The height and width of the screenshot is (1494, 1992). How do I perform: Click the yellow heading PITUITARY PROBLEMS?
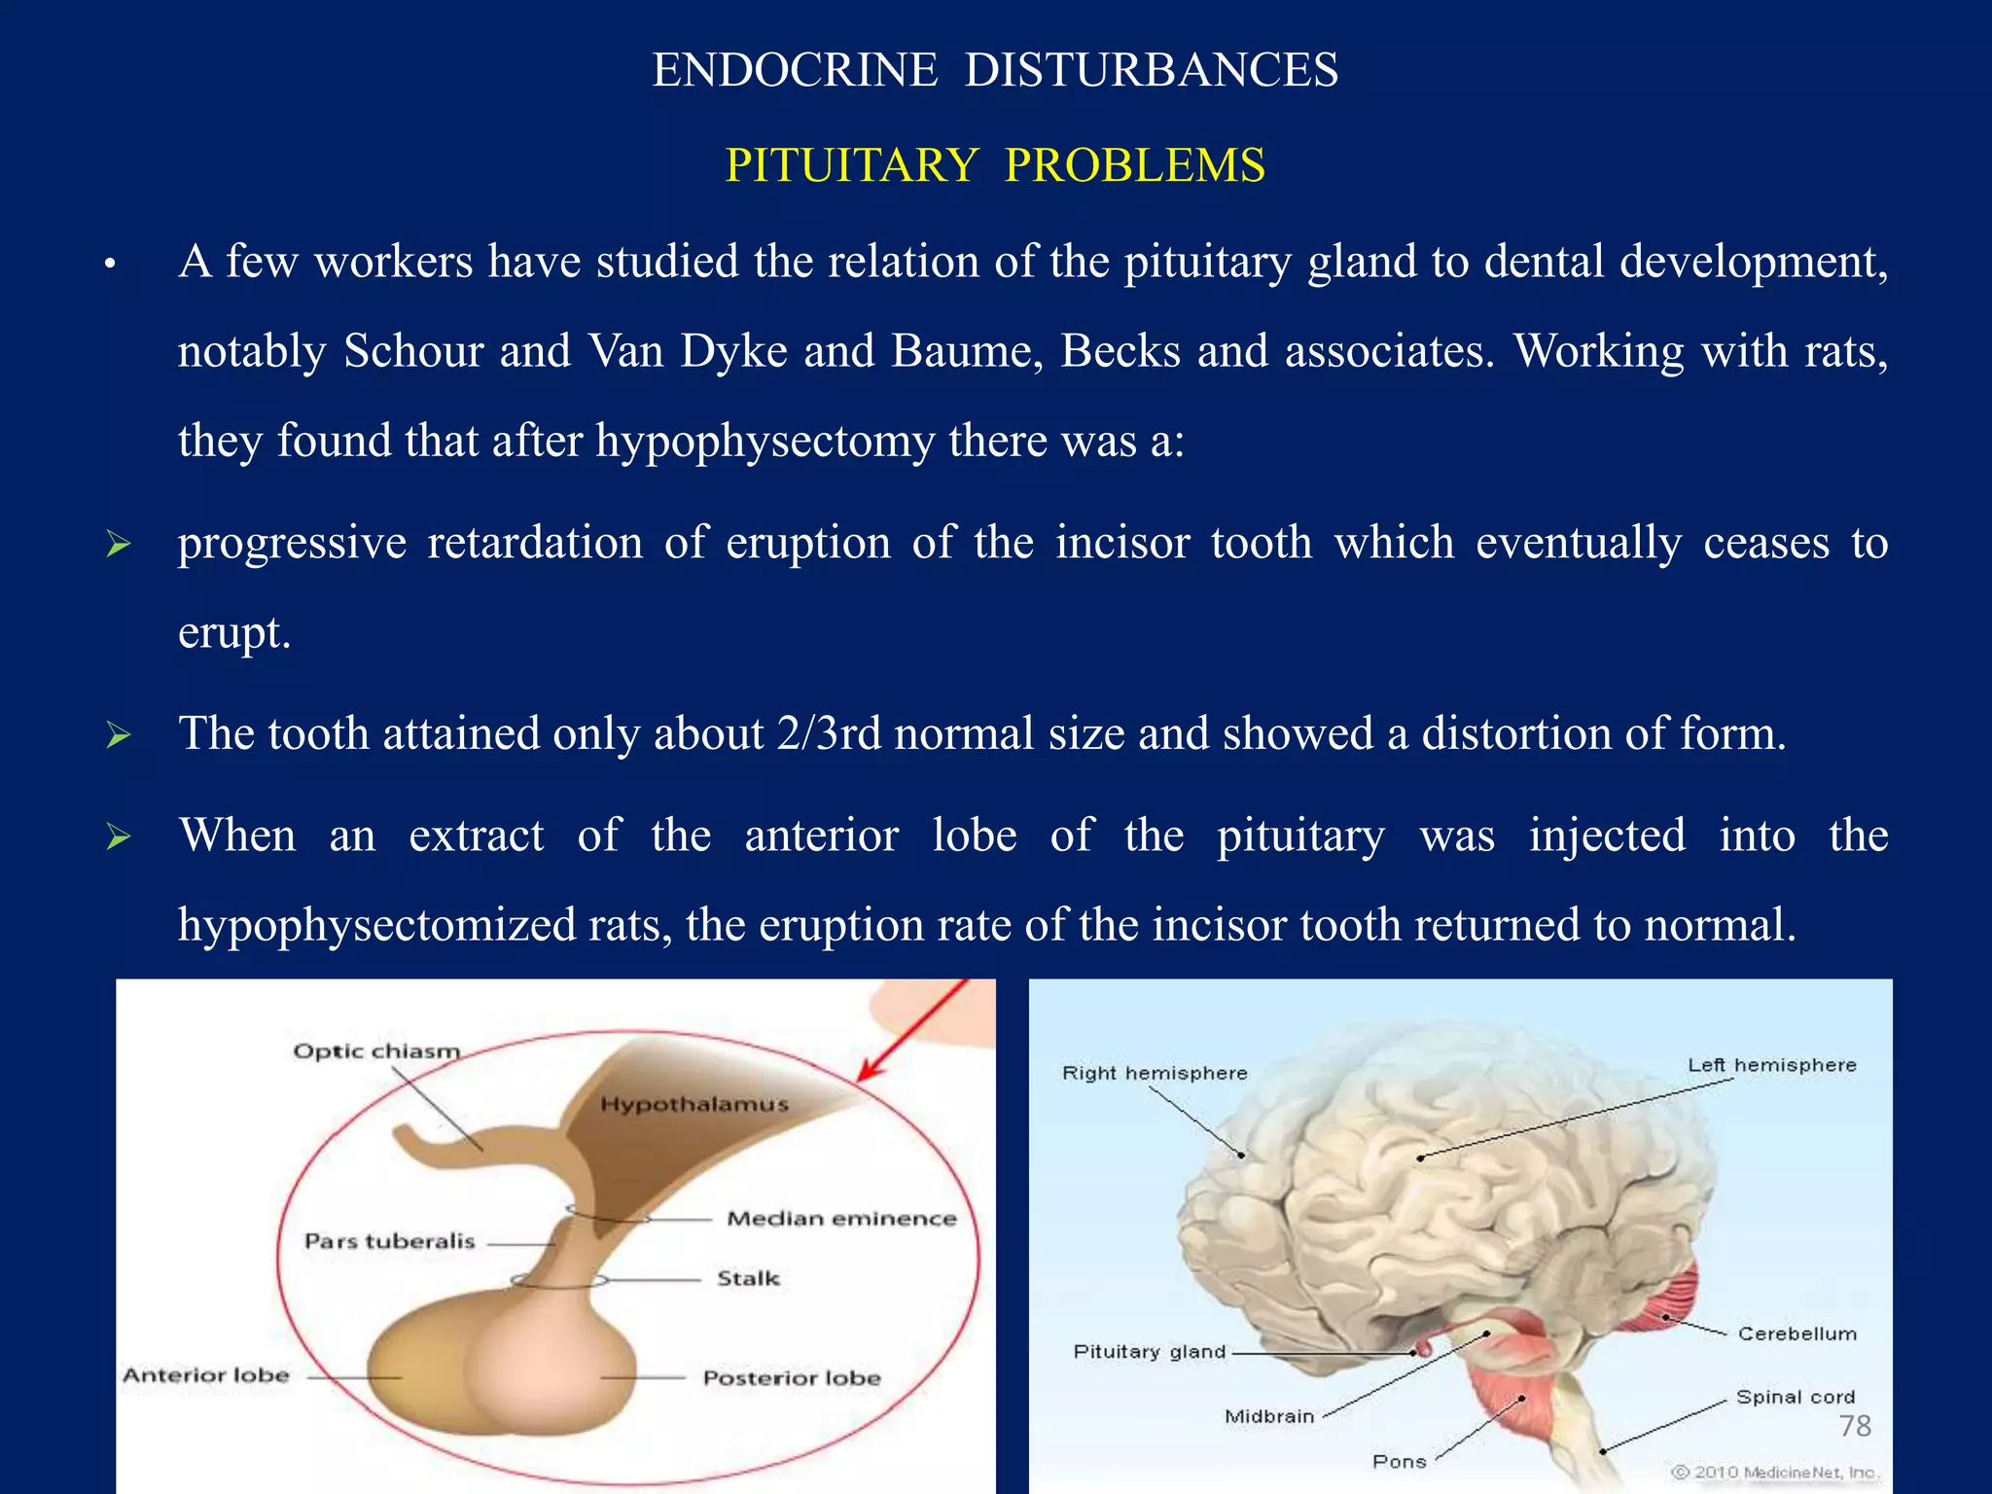pyautogui.click(x=995, y=165)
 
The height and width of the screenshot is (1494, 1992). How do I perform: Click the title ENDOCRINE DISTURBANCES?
pyautogui.click(x=995, y=70)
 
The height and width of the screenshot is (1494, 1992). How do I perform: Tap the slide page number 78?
pyautogui.click(x=1855, y=1426)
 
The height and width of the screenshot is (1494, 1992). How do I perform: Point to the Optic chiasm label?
pyautogui.click(x=376, y=1051)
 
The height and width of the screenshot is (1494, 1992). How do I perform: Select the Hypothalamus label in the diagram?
pyautogui.click(x=694, y=1104)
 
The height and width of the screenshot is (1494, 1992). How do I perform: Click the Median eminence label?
pyautogui.click(x=841, y=1219)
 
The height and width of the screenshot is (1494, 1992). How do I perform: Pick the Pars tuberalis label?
pyautogui.click(x=389, y=1241)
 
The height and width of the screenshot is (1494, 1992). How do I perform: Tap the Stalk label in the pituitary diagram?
pyautogui.click(x=748, y=1278)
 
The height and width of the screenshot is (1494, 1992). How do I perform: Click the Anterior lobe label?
pyautogui.click(x=206, y=1375)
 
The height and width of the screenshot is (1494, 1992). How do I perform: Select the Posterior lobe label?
pyautogui.click(x=792, y=1378)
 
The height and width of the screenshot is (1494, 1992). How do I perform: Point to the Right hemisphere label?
pyautogui.click(x=1155, y=1073)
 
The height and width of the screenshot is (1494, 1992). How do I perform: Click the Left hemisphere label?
pyautogui.click(x=1771, y=1065)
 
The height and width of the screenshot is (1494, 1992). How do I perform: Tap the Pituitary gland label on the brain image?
pyautogui.click(x=1149, y=1351)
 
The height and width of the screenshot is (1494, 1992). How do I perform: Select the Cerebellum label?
pyautogui.click(x=1796, y=1334)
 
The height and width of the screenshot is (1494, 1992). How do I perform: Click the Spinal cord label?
pyautogui.click(x=1795, y=1397)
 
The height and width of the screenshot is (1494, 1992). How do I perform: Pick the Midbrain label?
pyautogui.click(x=1268, y=1416)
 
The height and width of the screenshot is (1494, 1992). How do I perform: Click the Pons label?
pyautogui.click(x=1399, y=1461)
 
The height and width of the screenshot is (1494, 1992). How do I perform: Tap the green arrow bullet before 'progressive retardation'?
pyautogui.click(x=119, y=544)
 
